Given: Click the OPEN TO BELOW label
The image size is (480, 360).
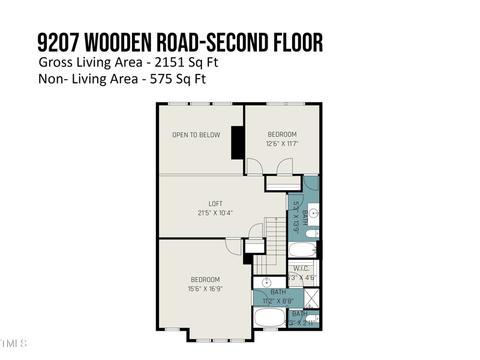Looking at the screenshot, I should tap(196, 135).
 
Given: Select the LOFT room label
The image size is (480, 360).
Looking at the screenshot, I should tap(215, 204).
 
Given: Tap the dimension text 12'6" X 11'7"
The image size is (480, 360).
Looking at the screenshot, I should tap(282, 144).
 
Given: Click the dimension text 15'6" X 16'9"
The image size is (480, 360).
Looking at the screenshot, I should tap(205, 289).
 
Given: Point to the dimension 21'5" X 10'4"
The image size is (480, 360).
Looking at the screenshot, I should tap(215, 213).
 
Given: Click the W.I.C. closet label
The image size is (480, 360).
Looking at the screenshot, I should tap(301, 269).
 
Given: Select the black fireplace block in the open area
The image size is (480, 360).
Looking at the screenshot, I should tap(238, 142).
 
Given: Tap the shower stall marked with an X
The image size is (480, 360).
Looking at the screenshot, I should tap(312, 298).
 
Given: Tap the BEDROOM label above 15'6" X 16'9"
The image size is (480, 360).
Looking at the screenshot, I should tap(205, 280).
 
